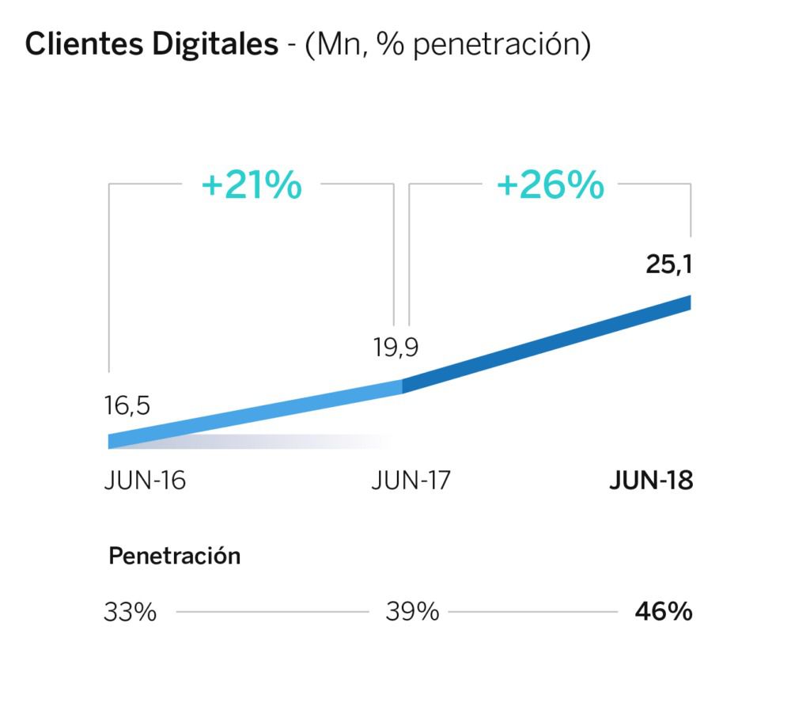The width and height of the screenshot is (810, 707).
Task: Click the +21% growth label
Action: click(252, 185)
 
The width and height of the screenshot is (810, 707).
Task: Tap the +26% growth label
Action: click(551, 185)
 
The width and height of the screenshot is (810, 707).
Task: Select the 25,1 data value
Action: click(668, 264)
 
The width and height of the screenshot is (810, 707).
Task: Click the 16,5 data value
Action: click(127, 407)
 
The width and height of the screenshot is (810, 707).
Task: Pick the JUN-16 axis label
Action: click(145, 481)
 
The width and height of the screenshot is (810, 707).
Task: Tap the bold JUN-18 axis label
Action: click(651, 481)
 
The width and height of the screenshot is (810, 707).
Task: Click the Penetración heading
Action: click(174, 556)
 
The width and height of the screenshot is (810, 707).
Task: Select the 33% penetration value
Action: click(130, 612)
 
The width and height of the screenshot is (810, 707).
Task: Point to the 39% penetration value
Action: click(412, 612)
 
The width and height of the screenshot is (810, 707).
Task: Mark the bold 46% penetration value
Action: click(664, 612)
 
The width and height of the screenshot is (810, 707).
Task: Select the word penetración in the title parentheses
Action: click(497, 44)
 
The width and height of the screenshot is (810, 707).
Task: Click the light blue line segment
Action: click(253, 412)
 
